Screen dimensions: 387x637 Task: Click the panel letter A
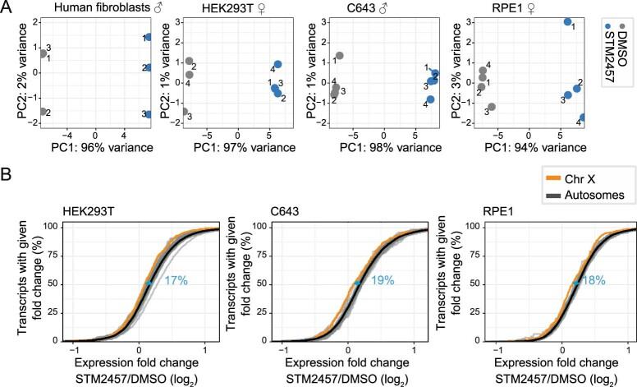7,8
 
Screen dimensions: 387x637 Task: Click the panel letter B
7,176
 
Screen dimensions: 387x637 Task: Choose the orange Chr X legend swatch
558,181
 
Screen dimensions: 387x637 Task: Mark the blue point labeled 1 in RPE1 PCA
567,22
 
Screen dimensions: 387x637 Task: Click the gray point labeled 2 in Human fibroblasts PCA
42,112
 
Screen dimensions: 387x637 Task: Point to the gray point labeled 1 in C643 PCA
340,56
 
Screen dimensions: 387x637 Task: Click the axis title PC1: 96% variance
95,148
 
